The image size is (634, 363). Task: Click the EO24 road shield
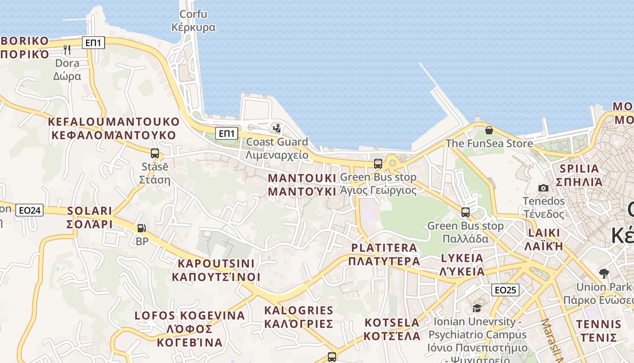(29, 210)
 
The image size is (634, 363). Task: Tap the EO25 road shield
(505, 290)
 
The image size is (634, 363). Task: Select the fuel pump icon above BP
(142, 228)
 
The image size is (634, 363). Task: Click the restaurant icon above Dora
(67, 49)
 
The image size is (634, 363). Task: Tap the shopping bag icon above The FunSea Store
(489, 130)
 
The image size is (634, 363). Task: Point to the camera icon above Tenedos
(543, 188)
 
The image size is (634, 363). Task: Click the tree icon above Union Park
(604, 273)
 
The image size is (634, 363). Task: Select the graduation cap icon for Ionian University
(477, 309)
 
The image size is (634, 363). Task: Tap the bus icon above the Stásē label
(155, 153)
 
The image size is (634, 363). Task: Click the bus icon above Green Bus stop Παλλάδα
(466, 212)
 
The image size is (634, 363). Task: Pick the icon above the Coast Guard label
(277, 128)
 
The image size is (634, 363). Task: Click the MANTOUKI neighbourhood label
(302, 185)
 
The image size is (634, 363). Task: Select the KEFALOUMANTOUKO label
(114, 128)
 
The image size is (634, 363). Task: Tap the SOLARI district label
(90, 217)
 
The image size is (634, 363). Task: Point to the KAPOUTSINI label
(216, 270)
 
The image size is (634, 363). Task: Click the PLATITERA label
(384, 254)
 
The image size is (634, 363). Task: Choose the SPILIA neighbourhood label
(579, 175)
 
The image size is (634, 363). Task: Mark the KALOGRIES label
(299, 317)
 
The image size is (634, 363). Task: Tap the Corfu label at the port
(193, 21)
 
